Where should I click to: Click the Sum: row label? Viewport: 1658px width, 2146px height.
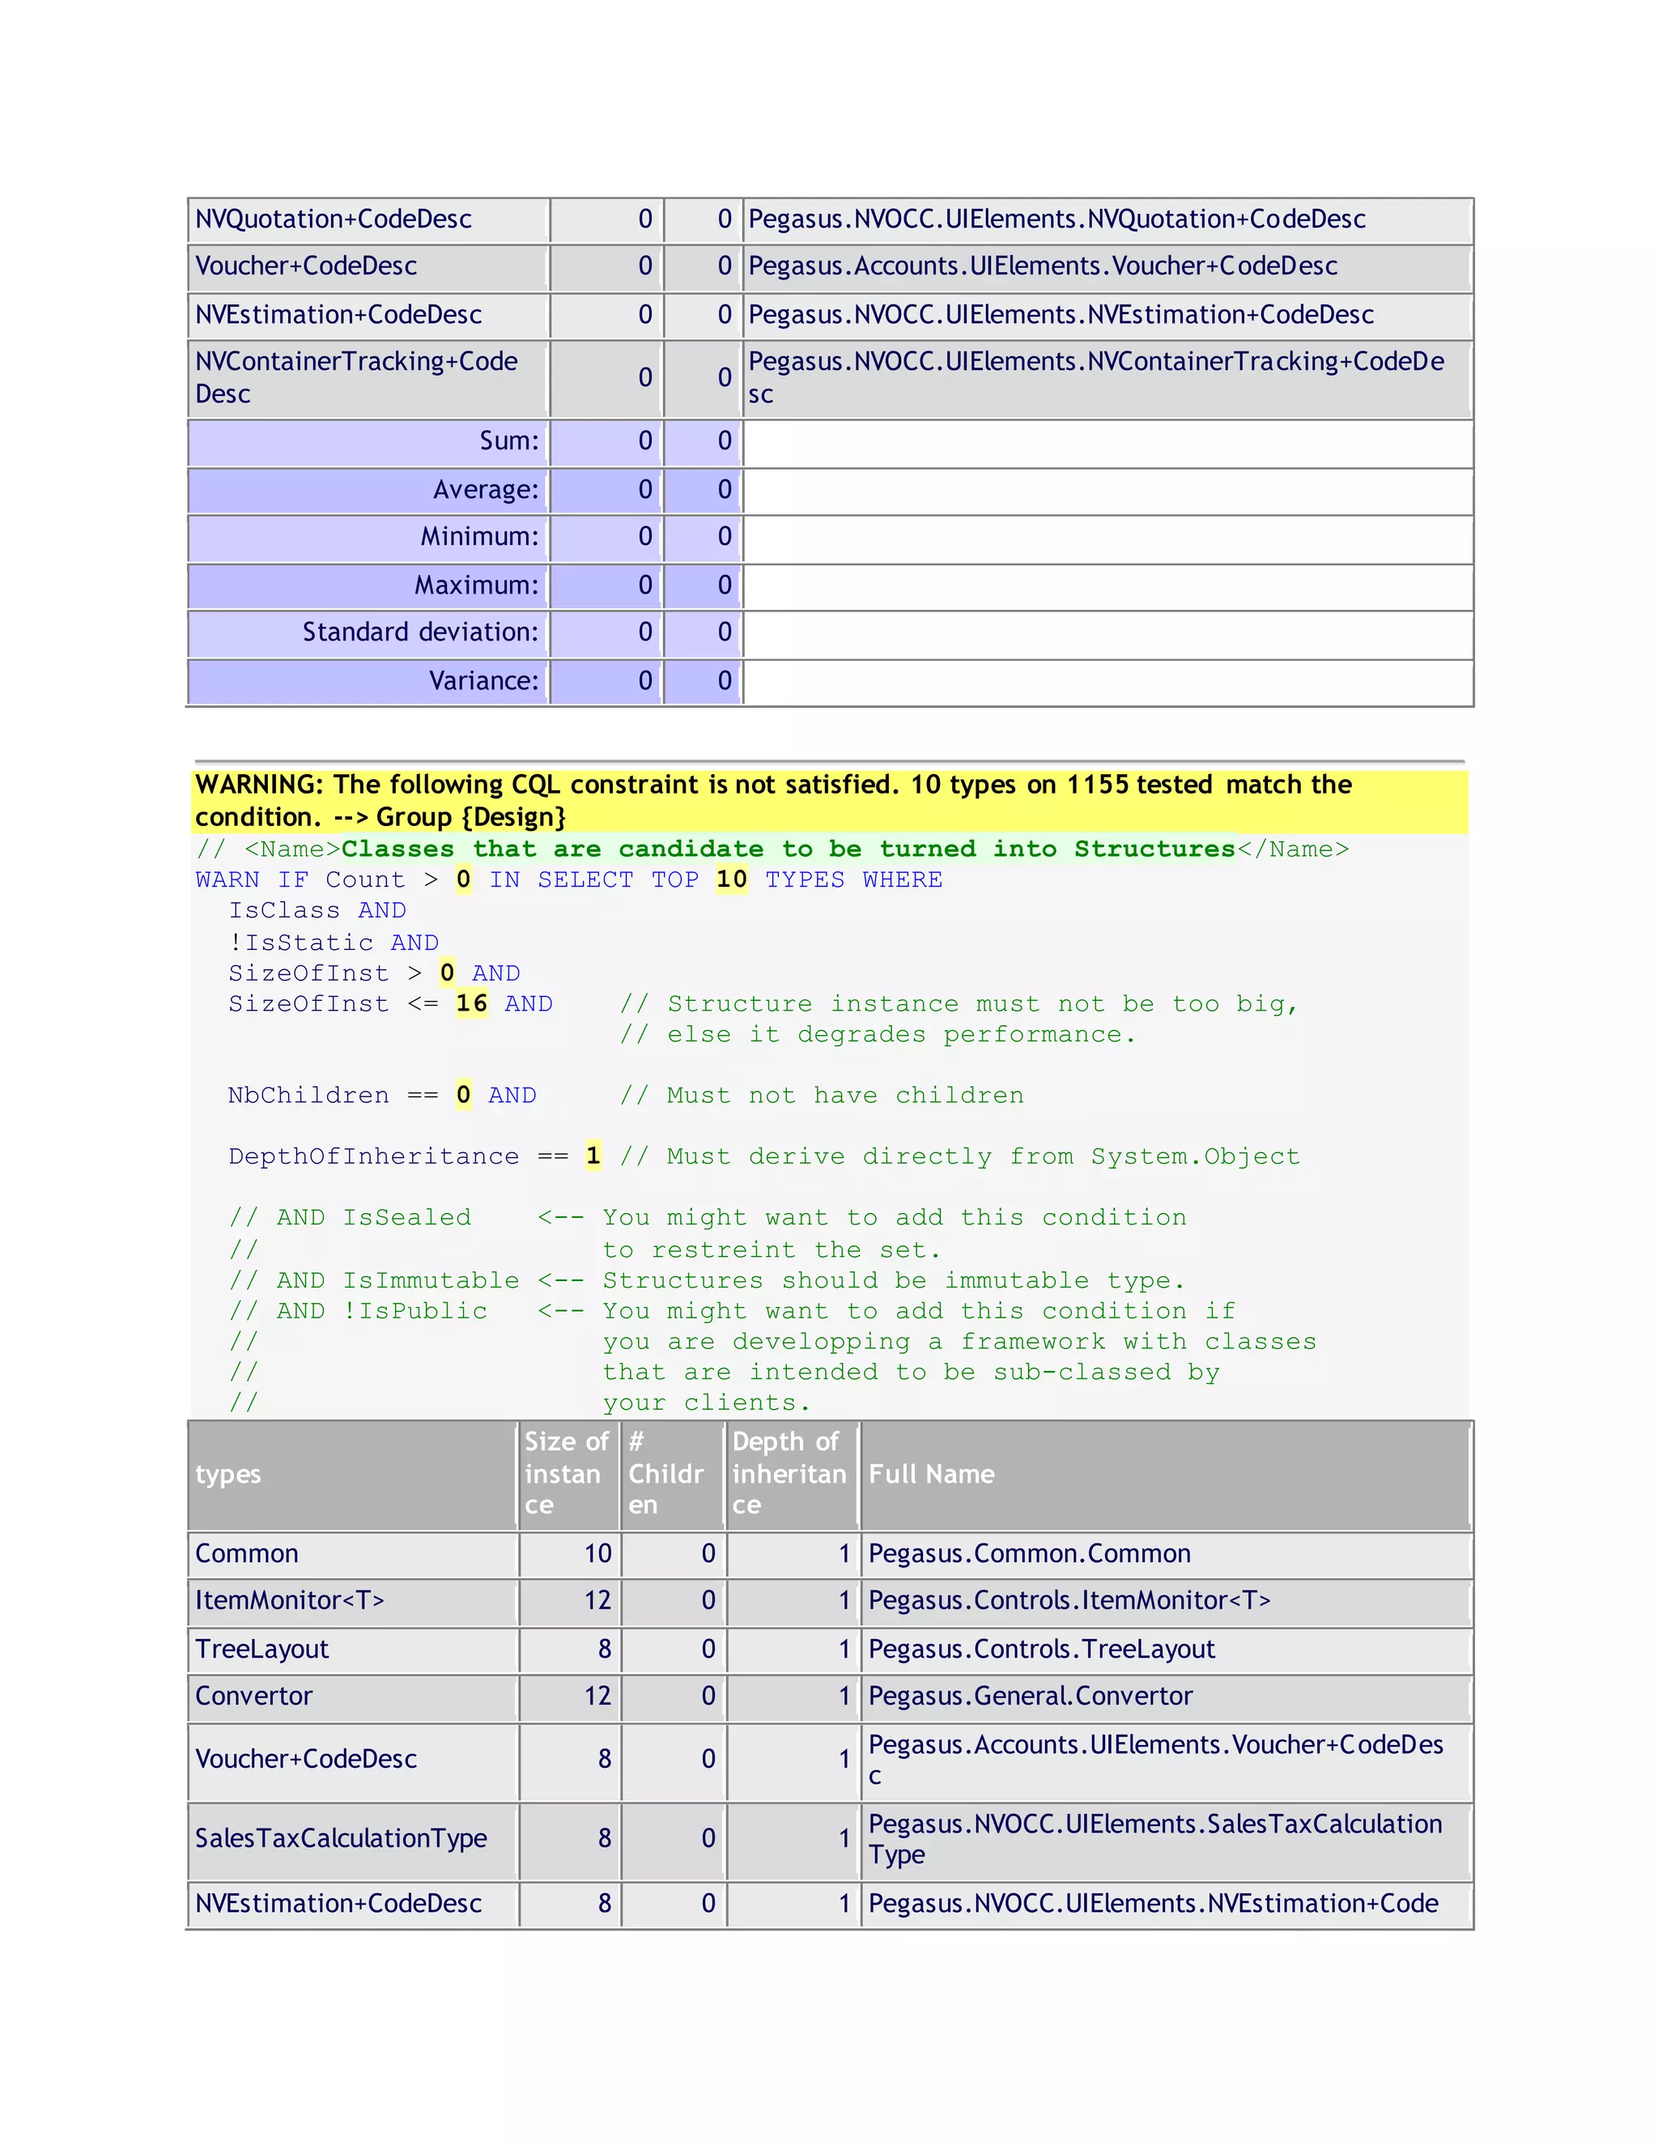(x=508, y=441)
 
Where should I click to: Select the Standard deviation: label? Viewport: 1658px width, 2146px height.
(x=420, y=632)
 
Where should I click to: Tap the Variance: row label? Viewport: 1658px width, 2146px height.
(x=483, y=680)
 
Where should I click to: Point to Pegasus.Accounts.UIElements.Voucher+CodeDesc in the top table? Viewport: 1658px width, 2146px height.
(x=1042, y=266)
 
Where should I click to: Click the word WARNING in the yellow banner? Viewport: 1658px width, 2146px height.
(x=258, y=784)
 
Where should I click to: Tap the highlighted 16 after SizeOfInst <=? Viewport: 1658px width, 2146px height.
(x=471, y=1003)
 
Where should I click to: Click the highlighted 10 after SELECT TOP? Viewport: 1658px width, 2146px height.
(x=731, y=879)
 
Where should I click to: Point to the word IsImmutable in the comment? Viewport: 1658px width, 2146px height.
(x=430, y=1280)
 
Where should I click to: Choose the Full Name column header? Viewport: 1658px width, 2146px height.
(x=931, y=1474)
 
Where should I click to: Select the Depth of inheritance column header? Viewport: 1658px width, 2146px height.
(x=789, y=1474)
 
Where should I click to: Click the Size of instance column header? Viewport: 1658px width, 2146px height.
(x=565, y=1474)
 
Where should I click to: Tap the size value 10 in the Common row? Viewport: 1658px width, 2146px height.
(x=597, y=1553)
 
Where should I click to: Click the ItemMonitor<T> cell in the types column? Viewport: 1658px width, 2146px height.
(x=290, y=1601)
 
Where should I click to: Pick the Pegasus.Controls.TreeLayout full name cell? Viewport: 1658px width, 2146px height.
(x=1041, y=1649)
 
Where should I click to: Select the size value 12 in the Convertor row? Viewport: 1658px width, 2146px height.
(x=597, y=1696)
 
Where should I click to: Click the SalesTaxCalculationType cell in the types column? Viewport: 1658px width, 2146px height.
(x=341, y=1838)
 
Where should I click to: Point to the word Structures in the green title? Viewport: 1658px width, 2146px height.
(x=1154, y=849)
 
